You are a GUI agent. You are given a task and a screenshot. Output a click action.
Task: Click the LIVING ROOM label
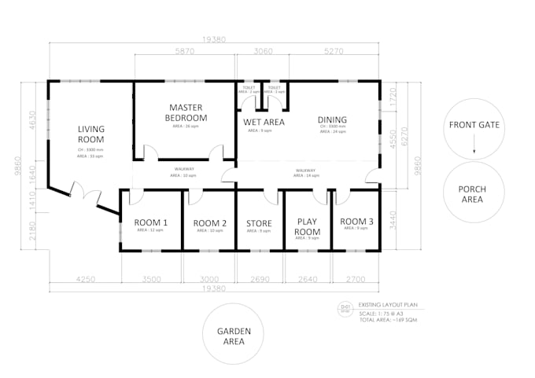[x=91, y=134]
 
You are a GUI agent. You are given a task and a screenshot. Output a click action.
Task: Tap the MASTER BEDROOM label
[x=186, y=112]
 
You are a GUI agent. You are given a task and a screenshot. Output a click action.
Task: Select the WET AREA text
[x=264, y=122]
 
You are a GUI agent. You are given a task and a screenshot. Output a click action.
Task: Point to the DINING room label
[x=332, y=120]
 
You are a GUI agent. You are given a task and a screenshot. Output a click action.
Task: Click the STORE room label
[x=260, y=223]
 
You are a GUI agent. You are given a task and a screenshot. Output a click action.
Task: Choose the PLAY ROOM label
[x=308, y=227]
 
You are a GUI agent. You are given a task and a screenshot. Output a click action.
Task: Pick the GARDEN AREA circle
[x=234, y=336]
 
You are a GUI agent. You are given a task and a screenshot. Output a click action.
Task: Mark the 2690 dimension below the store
[x=260, y=279]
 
